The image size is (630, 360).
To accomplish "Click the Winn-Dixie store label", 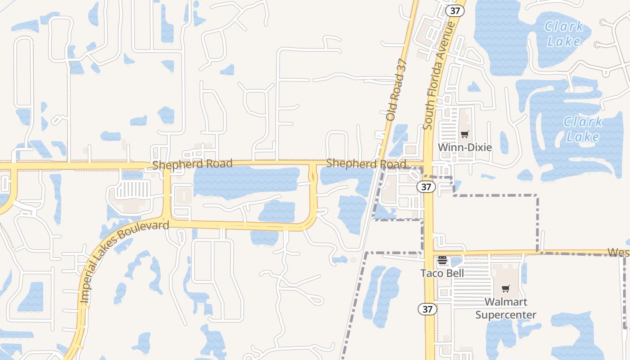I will [x=465, y=147].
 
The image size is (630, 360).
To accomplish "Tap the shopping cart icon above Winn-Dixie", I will [x=464, y=134].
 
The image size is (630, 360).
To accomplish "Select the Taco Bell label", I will [x=442, y=273].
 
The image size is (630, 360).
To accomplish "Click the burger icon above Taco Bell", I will [x=442, y=261].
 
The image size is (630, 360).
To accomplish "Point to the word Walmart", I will [x=506, y=301].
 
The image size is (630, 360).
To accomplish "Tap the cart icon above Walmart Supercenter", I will [x=506, y=288].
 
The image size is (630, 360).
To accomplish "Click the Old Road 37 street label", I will [x=396, y=90].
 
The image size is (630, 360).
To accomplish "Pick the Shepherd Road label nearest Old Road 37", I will [x=366, y=163].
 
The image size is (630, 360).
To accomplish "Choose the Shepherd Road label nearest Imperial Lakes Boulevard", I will [x=192, y=164].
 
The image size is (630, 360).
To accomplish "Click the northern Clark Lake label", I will [x=564, y=34].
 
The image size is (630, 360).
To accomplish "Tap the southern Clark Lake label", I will [x=583, y=129].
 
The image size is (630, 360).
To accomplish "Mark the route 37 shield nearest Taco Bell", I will [x=427, y=309].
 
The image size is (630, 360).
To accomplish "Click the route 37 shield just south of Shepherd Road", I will [x=426, y=187].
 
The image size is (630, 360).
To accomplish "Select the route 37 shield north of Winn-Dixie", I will [x=454, y=11].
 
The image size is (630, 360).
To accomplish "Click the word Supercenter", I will [x=506, y=315].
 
